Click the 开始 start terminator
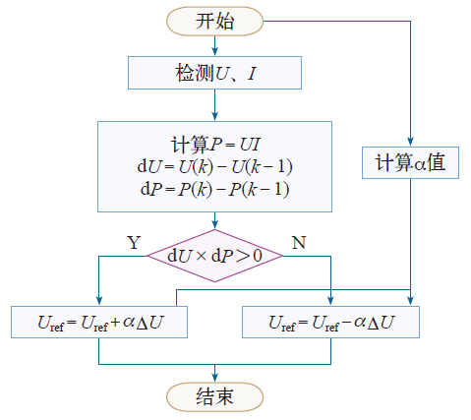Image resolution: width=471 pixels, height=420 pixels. [x=214, y=22]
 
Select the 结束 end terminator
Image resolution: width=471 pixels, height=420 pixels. [x=214, y=396]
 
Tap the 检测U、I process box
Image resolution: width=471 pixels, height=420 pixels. [x=214, y=73]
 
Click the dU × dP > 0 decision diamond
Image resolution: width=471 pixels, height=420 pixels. [x=214, y=256]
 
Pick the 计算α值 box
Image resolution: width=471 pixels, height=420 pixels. [x=410, y=162]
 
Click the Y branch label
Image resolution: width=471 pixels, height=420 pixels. [x=134, y=243]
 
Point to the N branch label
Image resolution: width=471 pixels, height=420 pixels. [x=299, y=243]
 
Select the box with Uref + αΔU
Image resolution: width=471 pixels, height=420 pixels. [x=99, y=322]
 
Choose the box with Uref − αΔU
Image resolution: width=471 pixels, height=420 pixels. [x=330, y=322]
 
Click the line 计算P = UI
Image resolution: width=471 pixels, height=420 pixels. [x=215, y=145]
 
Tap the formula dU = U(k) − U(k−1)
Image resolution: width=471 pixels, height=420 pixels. [x=214, y=167]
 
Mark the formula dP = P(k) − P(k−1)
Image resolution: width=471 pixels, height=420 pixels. [x=214, y=190]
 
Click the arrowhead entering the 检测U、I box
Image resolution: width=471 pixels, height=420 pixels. [x=214, y=51]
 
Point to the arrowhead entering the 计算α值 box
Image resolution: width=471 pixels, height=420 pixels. [x=410, y=142]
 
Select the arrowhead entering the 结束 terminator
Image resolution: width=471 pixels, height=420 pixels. [x=214, y=378]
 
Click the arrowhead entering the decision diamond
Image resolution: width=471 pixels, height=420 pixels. [x=214, y=224]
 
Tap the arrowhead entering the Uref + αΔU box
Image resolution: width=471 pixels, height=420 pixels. [x=99, y=301]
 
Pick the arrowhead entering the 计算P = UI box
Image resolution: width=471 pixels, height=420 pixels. [x=214, y=116]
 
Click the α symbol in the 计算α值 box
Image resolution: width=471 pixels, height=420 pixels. [x=420, y=164]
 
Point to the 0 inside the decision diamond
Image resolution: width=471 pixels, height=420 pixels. [x=258, y=256]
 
